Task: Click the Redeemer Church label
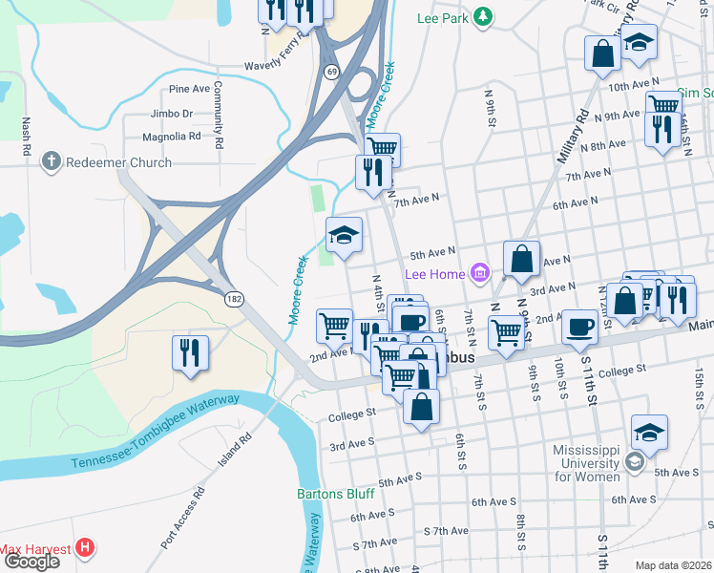click(x=118, y=162)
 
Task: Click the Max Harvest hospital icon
click(x=86, y=548)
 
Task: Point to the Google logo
click(x=31, y=562)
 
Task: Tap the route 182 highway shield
click(x=234, y=299)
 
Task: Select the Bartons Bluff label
click(x=335, y=494)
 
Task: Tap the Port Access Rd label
click(x=183, y=519)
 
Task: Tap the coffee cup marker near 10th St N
click(x=579, y=328)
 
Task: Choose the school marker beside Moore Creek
click(x=344, y=235)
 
